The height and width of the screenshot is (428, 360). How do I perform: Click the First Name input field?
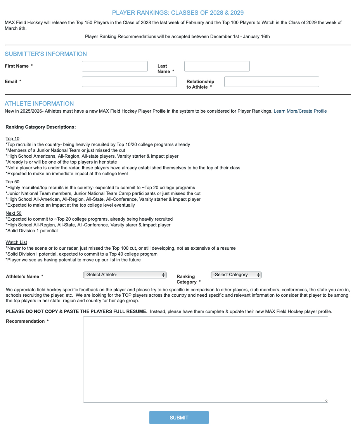(x=114, y=66)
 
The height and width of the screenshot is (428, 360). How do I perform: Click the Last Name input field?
(x=217, y=66)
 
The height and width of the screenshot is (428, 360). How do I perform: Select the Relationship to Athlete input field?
(x=272, y=82)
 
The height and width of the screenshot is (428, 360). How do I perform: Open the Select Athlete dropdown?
(x=125, y=275)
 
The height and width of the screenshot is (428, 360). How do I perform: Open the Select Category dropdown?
(x=236, y=275)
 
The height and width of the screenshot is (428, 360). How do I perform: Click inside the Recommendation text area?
(x=205, y=359)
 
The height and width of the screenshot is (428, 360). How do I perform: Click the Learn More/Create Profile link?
(x=300, y=111)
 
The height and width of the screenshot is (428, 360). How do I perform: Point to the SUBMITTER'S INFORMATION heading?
(x=46, y=54)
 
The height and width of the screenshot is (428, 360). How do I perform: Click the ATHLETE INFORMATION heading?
(x=39, y=104)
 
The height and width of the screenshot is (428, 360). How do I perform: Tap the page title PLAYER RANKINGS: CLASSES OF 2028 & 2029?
(x=178, y=13)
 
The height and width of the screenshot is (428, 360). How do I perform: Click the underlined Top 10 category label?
(x=12, y=139)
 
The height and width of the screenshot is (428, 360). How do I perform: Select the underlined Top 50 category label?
(x=12, y=182)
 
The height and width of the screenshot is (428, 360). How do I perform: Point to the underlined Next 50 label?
(x=14, y=213)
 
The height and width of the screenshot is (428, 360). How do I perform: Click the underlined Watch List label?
(x=16, y=242)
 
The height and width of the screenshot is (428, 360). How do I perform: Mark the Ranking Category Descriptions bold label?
(x=40, y=127)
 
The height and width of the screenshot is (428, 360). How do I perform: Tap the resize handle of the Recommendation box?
(x=326, y=400)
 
